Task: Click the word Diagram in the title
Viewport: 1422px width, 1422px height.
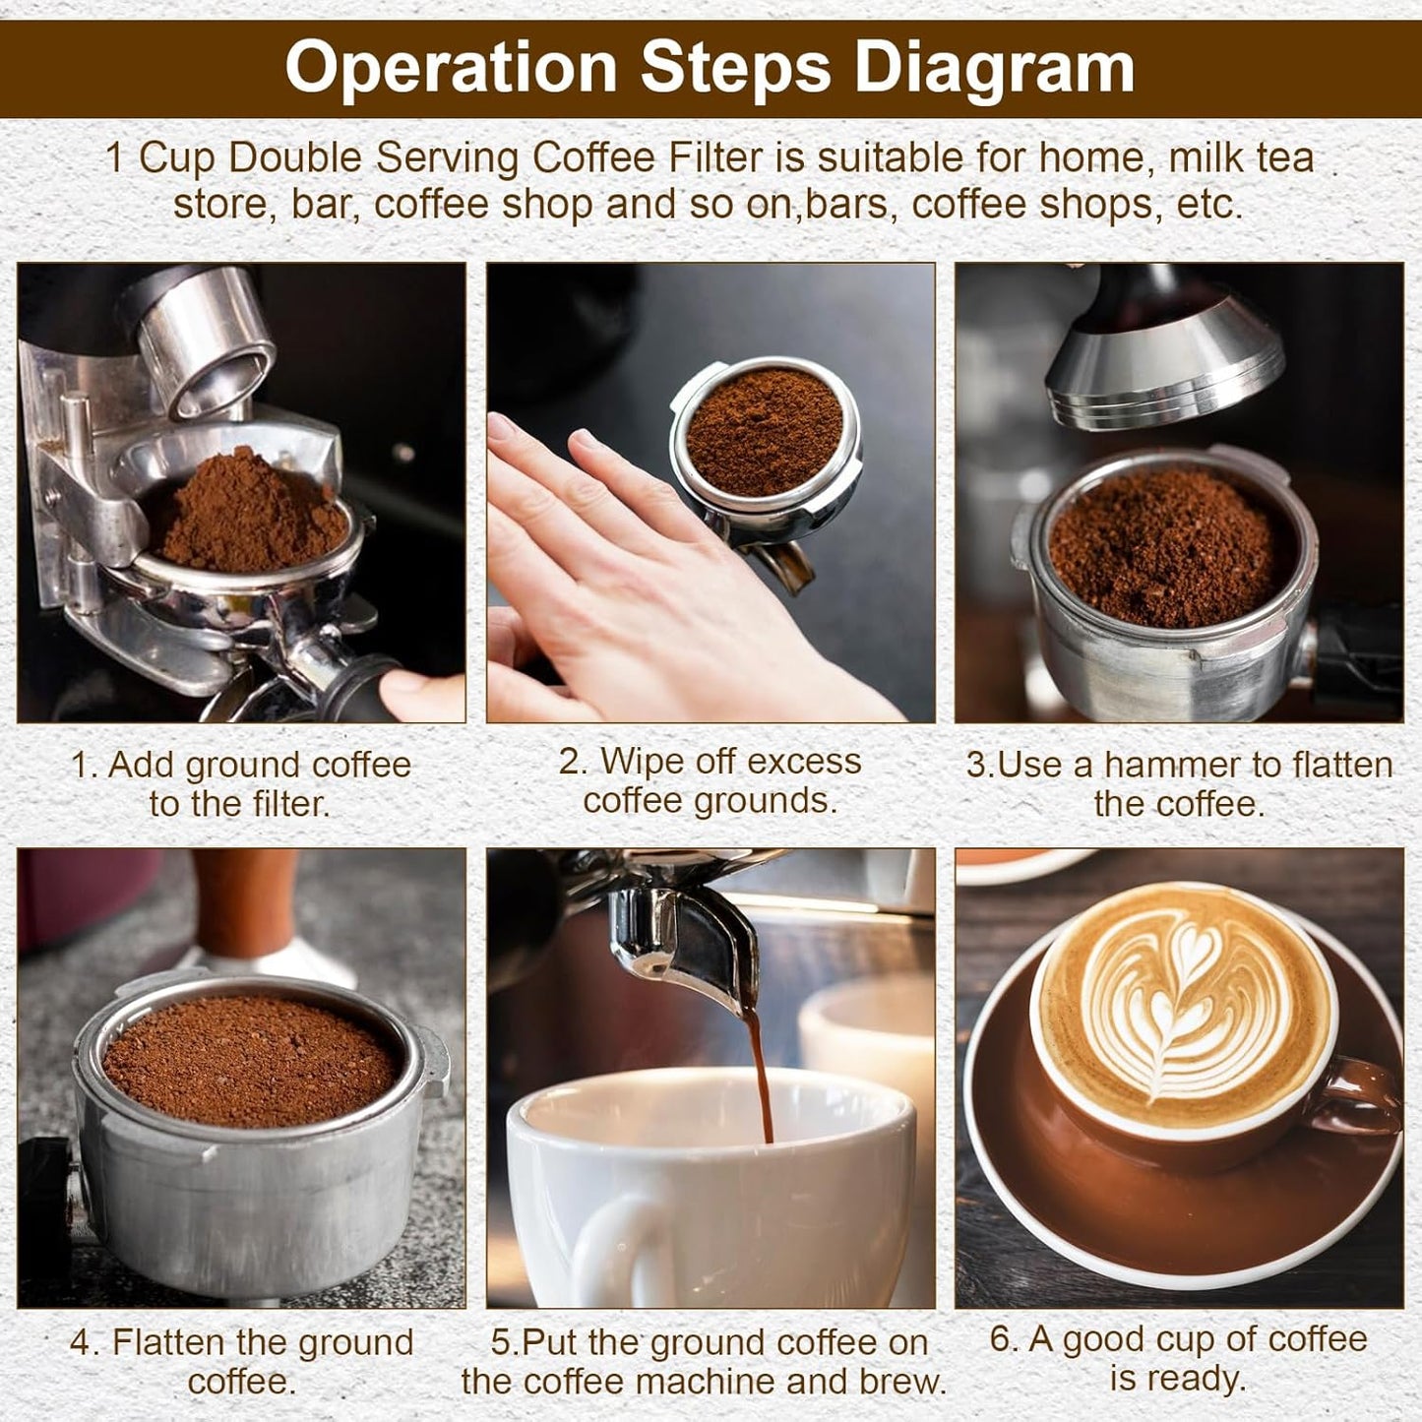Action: (993, 67)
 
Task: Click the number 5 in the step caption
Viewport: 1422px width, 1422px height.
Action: (501, 1342)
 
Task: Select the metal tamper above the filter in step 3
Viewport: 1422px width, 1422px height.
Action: (1166, 364)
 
